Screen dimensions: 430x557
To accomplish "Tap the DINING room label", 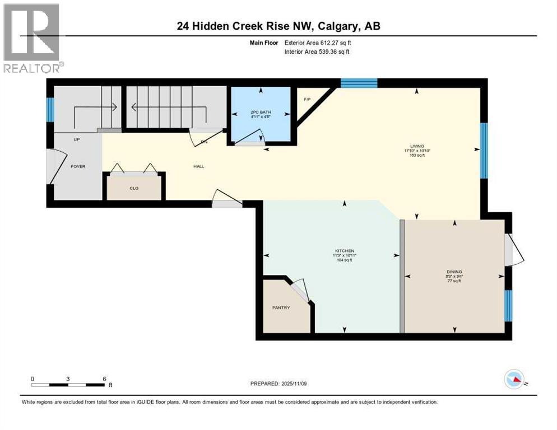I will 454,272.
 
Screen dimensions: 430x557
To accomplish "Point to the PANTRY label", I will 281,307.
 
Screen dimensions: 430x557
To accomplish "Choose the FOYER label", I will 78,166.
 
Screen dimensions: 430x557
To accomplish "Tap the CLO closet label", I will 134,188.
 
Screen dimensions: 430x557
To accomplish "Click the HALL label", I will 198,166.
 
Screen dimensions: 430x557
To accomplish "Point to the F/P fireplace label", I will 307,99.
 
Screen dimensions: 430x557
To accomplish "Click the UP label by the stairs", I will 77,139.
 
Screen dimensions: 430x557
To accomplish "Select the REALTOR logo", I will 32,38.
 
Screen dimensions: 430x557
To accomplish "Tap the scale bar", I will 68,385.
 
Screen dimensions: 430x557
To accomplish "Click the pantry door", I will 300,291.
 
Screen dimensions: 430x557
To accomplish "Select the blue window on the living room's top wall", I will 359,83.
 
